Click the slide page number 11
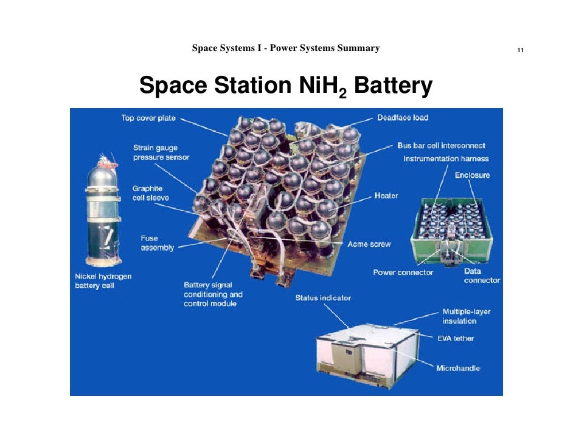pos(520,50)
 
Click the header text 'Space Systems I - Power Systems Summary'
pos(285,48)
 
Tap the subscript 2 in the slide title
pos(343,94)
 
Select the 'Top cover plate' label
pos(148,118)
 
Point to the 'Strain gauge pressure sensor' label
pos(161,152)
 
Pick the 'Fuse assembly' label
pos(157,243)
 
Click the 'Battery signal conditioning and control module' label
pos(213,294)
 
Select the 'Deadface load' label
pos(403,117)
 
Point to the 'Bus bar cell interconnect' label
pos(441,146)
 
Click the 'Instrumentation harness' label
pos(446,158)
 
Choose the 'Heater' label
pos(386,195)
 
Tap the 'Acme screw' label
pos(369,244)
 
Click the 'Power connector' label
pos(403,272)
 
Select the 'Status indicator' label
pos(323,297)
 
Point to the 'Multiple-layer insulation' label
pos(466,316)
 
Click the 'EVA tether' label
pos(456,338)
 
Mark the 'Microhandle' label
pos(458,369)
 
